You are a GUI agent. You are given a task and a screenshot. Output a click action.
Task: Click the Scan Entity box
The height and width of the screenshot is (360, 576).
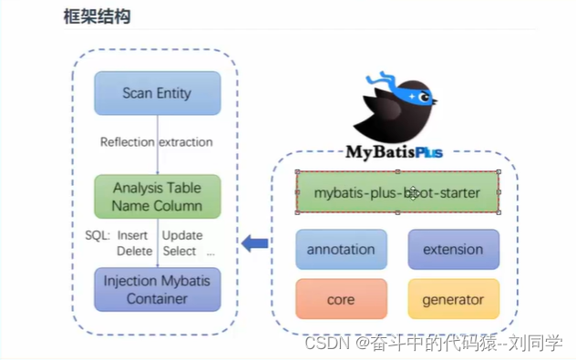tap(157, 93)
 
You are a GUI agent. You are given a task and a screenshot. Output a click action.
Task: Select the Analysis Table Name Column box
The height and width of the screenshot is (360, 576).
tap(157, 196)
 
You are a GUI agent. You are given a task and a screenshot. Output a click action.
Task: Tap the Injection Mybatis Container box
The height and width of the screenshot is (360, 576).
tap(157, 289)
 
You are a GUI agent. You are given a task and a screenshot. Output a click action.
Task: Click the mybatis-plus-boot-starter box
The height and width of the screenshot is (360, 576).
tap(396, 193)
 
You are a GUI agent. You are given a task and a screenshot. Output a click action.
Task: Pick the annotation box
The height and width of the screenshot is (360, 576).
tap(341, 249)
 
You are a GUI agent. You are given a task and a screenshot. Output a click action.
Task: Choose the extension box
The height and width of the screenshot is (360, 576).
tap(453, 249)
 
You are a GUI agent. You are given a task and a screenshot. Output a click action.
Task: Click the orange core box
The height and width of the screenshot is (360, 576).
tap(341, 298)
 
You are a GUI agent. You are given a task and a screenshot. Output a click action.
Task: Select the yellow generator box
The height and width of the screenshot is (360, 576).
tap(453, 298)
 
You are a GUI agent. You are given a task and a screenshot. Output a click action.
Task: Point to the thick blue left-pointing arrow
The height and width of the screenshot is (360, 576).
tap(254, 243)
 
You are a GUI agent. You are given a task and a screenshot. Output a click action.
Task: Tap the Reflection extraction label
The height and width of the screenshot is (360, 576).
tap(156, 142)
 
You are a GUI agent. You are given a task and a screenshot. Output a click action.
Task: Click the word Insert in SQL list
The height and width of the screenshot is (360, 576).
tap(132, 235)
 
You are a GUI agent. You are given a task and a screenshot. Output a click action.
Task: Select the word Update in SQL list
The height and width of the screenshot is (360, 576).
tap(181, 235)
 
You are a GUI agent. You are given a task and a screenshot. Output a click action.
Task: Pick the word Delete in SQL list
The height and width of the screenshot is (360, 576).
tap(134, 251)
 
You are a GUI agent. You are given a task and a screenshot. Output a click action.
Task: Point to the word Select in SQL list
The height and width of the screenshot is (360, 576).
tap(180, 251)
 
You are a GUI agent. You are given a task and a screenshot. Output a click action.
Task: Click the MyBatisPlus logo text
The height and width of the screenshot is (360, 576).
tap(396, 150)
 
